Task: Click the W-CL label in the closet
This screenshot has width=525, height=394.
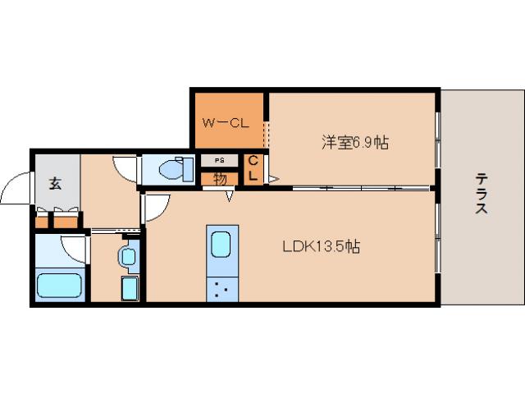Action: (x=226, y=124)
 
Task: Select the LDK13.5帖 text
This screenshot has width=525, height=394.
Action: (x=322, y=245)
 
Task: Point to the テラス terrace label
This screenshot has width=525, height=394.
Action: (x=482, y=194)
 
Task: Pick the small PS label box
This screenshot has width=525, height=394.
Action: (x=219, y=160)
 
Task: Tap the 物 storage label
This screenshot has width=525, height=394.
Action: (x=219, y=176)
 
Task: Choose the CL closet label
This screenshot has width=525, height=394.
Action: (x=253, y=168)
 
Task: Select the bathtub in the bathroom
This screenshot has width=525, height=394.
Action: (x=61, y=286)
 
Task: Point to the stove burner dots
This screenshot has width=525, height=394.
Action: (x=221, y=288)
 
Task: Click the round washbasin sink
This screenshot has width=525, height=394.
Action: (x=127, y=256)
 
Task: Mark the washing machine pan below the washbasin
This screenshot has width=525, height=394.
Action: (x=130, y=289)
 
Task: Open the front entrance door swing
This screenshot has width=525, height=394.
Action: (x=15, y=190)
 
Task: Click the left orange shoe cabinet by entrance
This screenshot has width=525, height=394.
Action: (x=42, y=220)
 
